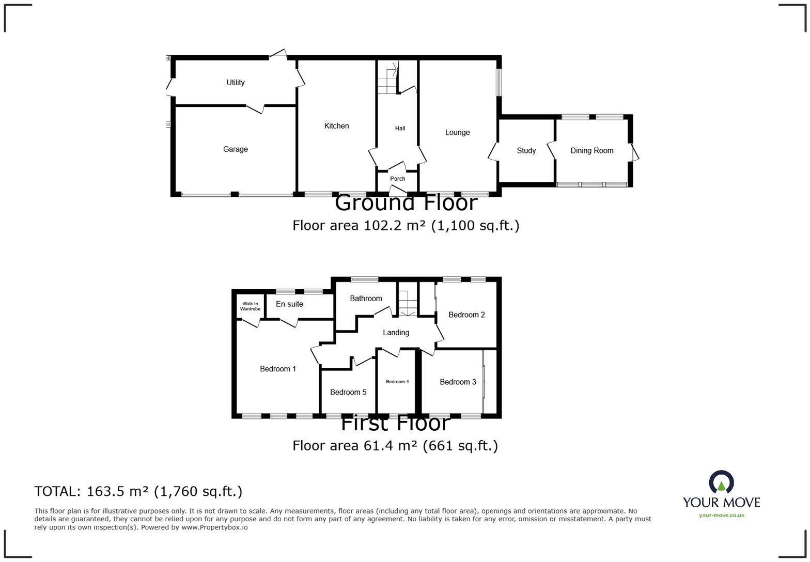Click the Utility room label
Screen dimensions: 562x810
[x=235, y=83]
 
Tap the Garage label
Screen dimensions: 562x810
[x=235, y=149]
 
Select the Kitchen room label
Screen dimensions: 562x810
[x=336, y=126]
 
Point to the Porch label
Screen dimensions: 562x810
[x=397, y=179]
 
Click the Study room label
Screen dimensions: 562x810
[x=526, y=151]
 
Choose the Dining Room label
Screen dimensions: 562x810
[x=591, y=151]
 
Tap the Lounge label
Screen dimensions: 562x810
[x=457, y=133]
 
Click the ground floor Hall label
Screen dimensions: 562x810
[x=400, y=129]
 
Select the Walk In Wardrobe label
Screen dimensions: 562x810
[x=250, y=306]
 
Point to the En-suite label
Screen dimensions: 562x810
[x=289, y=304]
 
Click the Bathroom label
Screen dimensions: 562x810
[x=366, y=299]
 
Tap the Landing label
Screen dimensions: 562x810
[x=396, y=333]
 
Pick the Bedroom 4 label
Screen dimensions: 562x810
[x=397, y=382]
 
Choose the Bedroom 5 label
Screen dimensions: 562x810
[x=348, y=393]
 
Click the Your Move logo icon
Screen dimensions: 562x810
[x=721, y=482]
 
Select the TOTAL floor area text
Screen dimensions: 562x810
[x=138, y=491]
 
